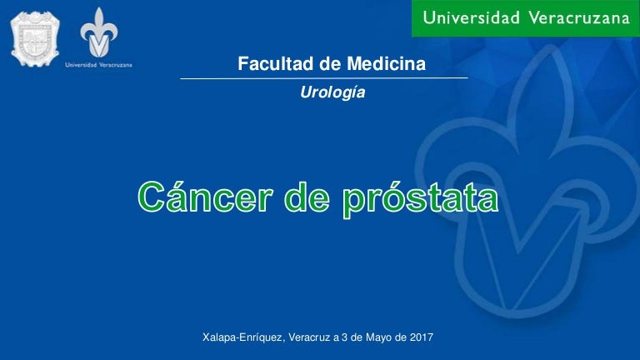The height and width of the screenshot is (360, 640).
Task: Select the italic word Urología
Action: tap(332, 92)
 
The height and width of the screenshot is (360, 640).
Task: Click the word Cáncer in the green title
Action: tap(205, 197)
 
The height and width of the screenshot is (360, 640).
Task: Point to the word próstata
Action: tap(420, 200)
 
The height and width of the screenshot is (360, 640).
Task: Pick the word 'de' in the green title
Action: tap(307, 197)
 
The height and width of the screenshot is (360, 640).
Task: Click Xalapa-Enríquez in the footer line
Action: tap(242, 338)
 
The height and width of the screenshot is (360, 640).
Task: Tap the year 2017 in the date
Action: tap(421, 337)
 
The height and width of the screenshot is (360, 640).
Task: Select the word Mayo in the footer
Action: tap(378, 338)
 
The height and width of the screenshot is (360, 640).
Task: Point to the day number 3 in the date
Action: tap(344, 337)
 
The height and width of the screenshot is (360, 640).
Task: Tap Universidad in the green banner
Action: tap(472, 17)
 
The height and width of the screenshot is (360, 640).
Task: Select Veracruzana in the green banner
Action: tap(580, 17)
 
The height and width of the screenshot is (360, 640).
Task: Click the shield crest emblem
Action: tap(35, 39)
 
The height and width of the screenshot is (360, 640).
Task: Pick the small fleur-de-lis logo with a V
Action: tap(99, 32)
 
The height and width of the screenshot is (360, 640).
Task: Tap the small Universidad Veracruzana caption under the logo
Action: tap(99, 64)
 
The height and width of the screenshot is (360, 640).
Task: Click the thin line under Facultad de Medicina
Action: tap(324, 78)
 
